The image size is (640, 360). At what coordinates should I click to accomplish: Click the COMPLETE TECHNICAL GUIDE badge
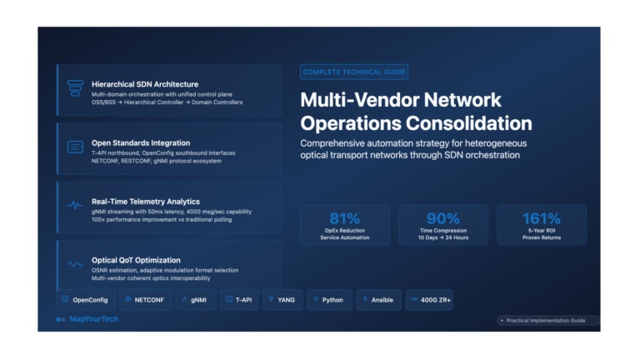tap(354, 72)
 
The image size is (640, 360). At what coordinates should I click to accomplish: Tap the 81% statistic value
tap(344, 219)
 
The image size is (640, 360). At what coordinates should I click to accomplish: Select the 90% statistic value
tap(442, 219)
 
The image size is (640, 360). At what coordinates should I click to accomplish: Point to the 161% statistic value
tap(541, 219)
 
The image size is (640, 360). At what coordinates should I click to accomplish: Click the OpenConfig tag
tap(86, 300)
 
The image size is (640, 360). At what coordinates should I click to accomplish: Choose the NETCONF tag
tap(145, 300)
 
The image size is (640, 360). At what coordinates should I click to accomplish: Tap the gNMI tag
tap(196, 300)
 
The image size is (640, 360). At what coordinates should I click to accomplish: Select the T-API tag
tap(239, 300)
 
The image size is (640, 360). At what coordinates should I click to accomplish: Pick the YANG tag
tap(282, 300)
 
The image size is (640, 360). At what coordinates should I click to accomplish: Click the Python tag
tap(329, 300)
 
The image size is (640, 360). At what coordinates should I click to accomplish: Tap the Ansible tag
tap(379, 300)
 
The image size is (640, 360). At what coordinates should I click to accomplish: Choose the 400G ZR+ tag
tap(429, 300)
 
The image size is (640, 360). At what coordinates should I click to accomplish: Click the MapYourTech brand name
tap(94, 319)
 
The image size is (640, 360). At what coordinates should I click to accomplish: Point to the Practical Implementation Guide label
tap(546, 320)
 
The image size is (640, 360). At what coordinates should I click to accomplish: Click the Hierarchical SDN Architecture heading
tap(145, 84)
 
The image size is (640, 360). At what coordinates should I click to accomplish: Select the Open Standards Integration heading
tap(141, 142)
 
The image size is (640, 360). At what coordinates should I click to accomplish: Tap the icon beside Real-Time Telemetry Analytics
tap(75, 205)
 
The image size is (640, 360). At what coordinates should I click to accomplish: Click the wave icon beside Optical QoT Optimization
tap(75, 264)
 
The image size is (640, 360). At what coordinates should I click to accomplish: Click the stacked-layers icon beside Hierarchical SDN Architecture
tap(75, 88)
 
